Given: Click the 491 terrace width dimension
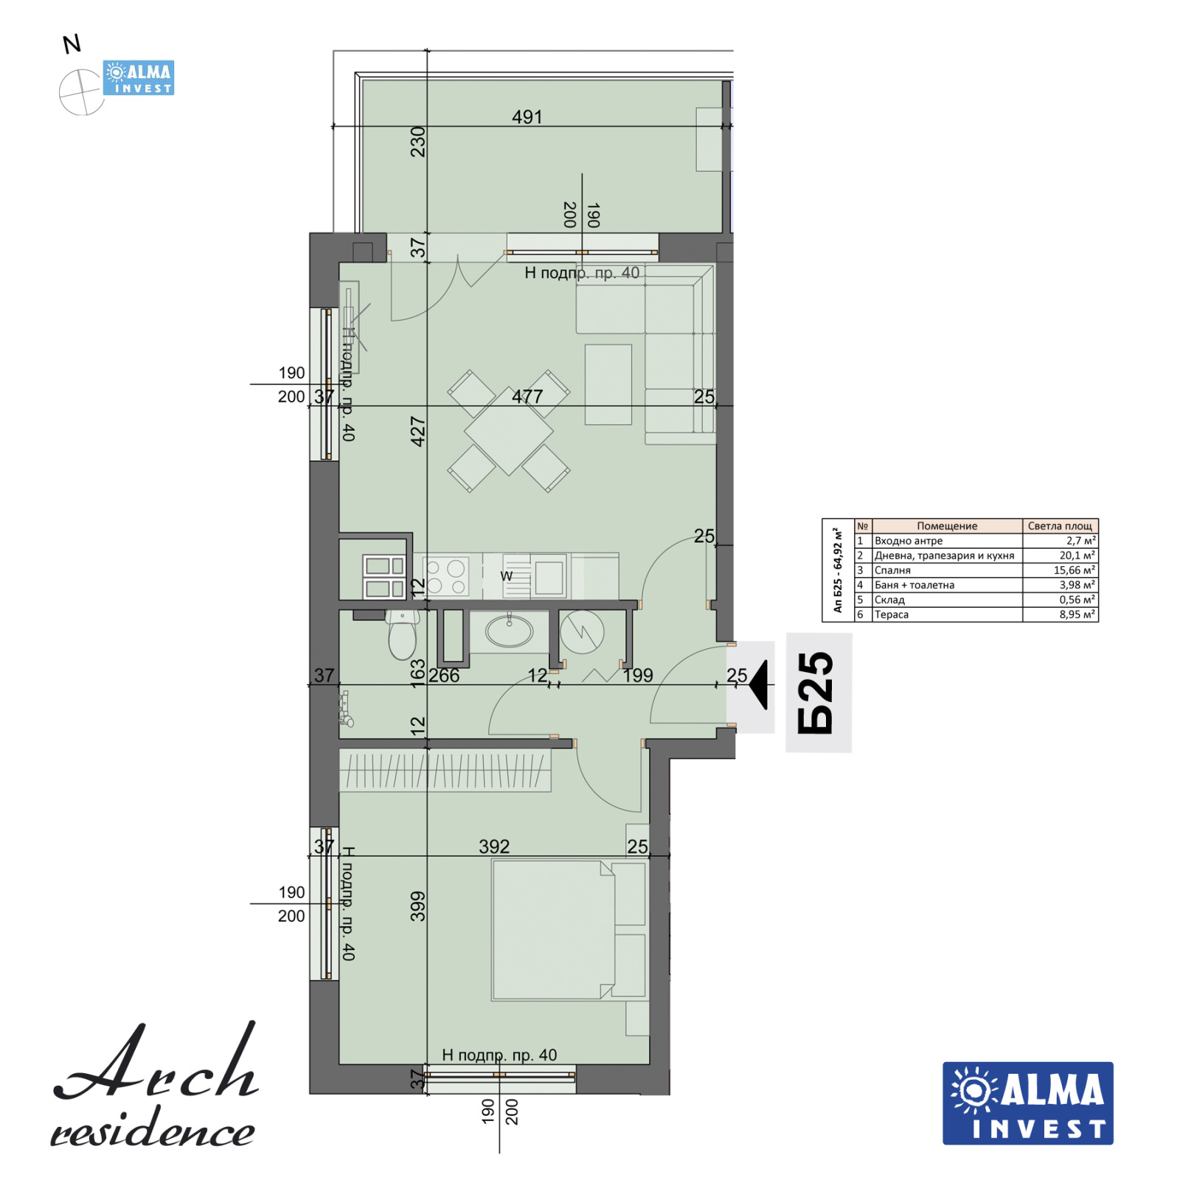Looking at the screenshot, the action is (527, 117).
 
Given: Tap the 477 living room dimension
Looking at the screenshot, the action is (527, 397).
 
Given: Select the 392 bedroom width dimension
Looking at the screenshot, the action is (494, 847).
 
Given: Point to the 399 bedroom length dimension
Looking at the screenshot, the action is (418, 906).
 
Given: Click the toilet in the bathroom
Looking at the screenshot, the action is (403, 635).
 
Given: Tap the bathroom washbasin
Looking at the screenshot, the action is (509, 631).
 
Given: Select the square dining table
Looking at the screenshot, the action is (509, 431).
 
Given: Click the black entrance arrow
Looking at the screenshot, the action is (758, 685).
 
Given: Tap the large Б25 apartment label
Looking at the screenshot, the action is (816, 693).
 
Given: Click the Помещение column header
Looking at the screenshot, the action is (947, 526).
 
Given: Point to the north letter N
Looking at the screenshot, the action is (72, 45).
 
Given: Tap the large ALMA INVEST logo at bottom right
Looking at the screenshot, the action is (1028, 1103).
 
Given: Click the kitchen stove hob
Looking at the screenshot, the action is (446, 577).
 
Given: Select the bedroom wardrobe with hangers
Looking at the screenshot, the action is (445, 771).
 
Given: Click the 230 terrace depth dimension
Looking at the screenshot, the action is (418, 142).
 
